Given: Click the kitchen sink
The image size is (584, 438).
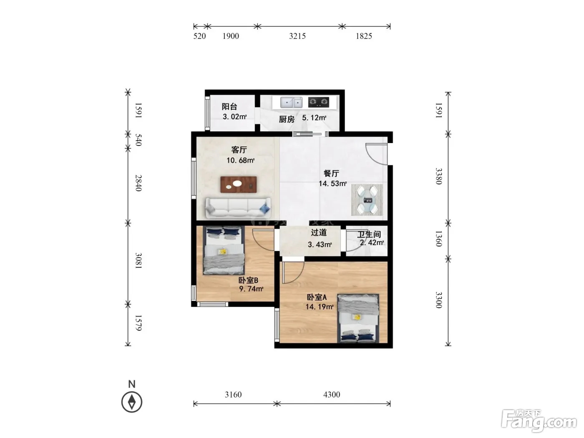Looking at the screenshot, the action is click(x=291, y=102).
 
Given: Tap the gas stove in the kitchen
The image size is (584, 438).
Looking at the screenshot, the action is click(x=318, y=102).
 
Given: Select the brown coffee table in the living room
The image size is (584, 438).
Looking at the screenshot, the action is click(x=238, y=184).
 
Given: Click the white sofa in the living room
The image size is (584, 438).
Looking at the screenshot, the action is click(x=238, y=207).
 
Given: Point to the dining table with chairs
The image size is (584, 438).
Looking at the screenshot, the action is click(x=367, y=200).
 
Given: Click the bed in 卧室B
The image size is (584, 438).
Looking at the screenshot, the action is click(x=224, y=250).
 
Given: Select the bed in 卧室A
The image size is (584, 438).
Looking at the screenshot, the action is click(x=358, y=318).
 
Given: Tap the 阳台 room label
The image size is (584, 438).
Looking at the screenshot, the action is click(x=229, y=107).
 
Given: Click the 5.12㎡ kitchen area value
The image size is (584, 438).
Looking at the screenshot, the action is click(x=314, y=118).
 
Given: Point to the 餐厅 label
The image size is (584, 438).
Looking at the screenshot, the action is click(x=331, y=174).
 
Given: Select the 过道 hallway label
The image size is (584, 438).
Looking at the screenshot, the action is click(x=319, y=233).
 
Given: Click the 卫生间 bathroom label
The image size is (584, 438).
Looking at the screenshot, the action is click(x=369, y=234).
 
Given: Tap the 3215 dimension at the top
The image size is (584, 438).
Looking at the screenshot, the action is click(x=297, y=36).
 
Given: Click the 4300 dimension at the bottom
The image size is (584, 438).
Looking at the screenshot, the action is click(x=332, y=394).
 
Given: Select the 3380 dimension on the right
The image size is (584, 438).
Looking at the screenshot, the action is click(x=439, y=176).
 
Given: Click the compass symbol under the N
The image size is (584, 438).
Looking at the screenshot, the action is click(x=132, y=402).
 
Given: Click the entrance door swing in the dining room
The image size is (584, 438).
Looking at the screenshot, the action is click(x=376, y=154).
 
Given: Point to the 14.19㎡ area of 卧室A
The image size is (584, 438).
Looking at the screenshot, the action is click(x=319, y=307).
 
